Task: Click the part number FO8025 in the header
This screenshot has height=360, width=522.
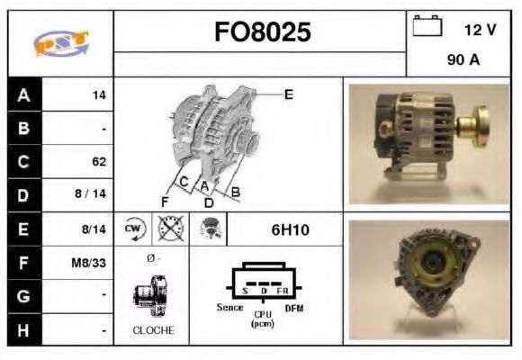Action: click(x=263, y=32)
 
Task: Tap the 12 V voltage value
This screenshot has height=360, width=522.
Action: click(x=480, y=30)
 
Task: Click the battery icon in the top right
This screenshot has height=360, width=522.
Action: click(x=425, y=28)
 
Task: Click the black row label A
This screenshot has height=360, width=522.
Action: click(x=23, y=94)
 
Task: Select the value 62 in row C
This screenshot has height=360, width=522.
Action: click(x=98, y=162)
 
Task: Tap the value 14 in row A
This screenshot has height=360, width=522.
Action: click(x=100, y=94)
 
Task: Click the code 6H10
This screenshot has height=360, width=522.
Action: click(x=290, y=229)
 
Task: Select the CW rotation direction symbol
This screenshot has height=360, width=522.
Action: click(x=132, y=229)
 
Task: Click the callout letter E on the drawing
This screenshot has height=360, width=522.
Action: click(x=288, y=94)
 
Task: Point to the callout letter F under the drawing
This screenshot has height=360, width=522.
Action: click(x=165, y=201)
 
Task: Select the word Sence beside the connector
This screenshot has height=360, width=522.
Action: click(x=230, y=307)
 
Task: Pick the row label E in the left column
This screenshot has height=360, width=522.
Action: click(x=23, y=229)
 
